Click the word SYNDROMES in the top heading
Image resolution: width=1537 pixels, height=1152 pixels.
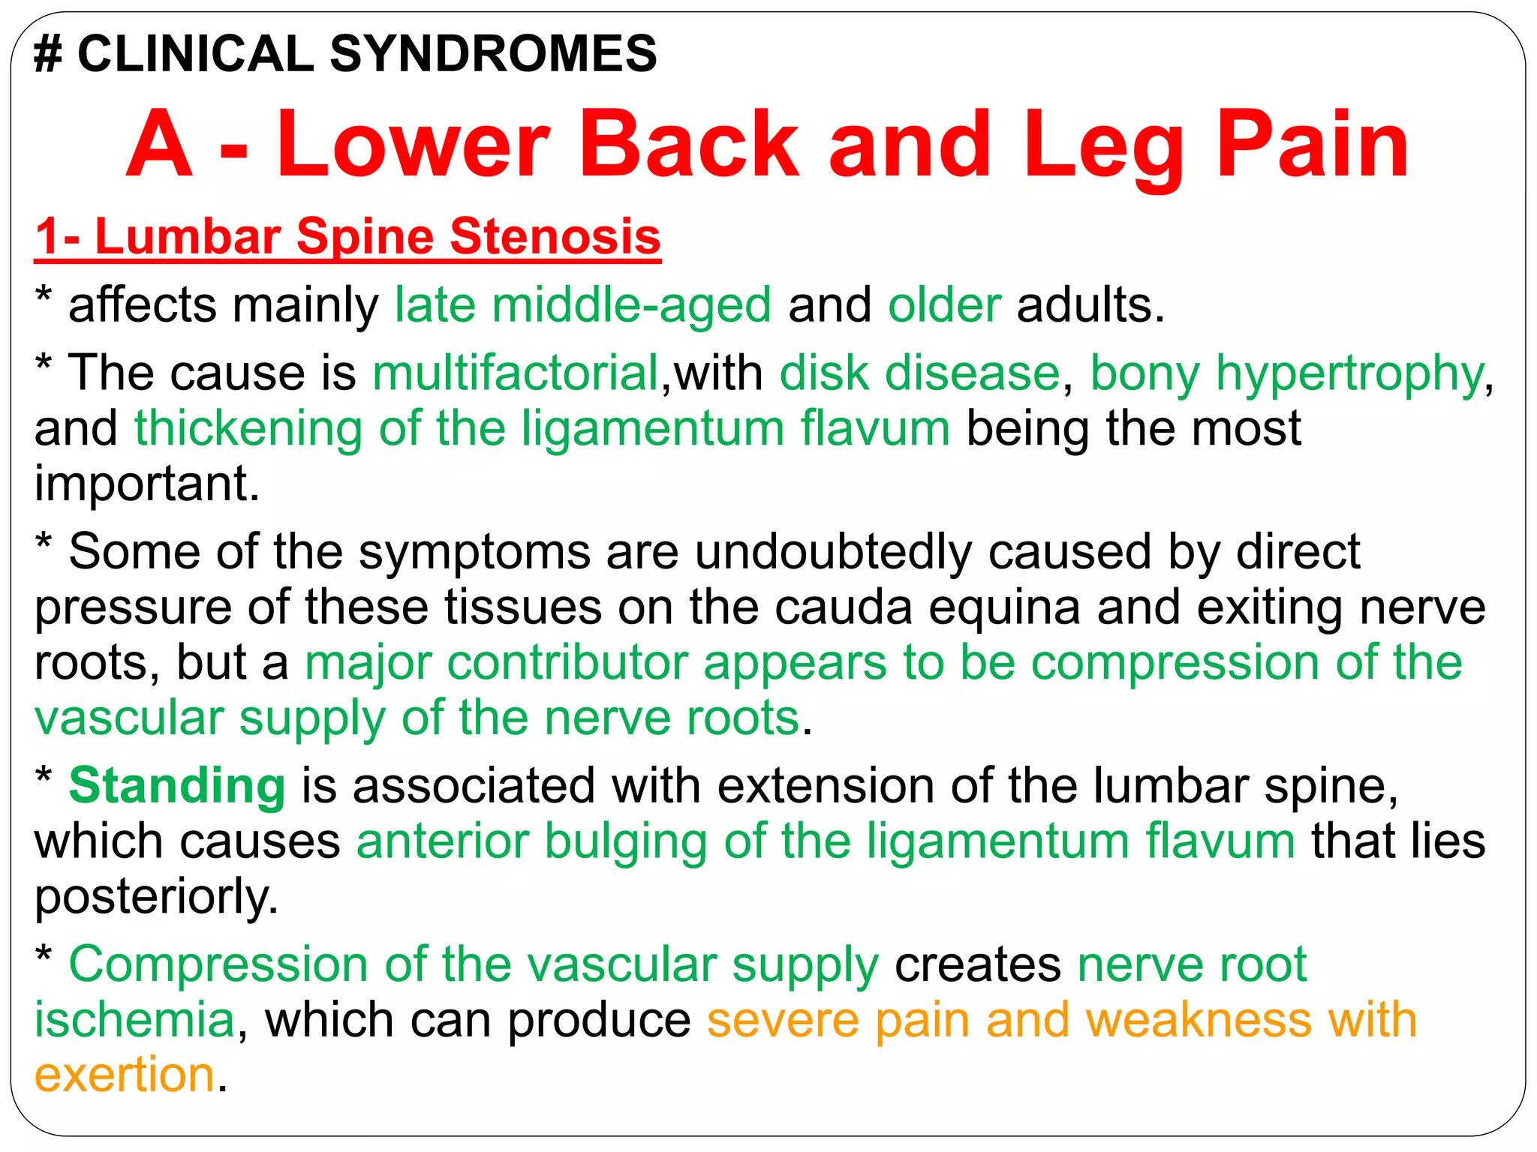click(x=493, y=54)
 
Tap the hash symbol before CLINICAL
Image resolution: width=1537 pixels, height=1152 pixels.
click(x=48, y=54)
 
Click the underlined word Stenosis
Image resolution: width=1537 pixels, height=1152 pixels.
click(x=555, y=236)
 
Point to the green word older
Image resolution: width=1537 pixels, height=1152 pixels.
click(x=944, y=305)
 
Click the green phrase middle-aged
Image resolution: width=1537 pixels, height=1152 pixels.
click(x=631, y=305)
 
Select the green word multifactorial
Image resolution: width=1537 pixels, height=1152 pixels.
click(x=516, y=373)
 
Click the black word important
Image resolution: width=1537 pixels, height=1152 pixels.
click(x=147, y=484)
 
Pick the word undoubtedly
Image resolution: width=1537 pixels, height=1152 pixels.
click(x=833, y=552)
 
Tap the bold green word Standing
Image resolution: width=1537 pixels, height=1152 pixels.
click(x=177, y=786)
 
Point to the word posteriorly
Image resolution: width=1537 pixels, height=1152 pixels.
click(x=156, y=897)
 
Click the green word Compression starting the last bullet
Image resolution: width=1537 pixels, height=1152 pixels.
click(x=218, y=964)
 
